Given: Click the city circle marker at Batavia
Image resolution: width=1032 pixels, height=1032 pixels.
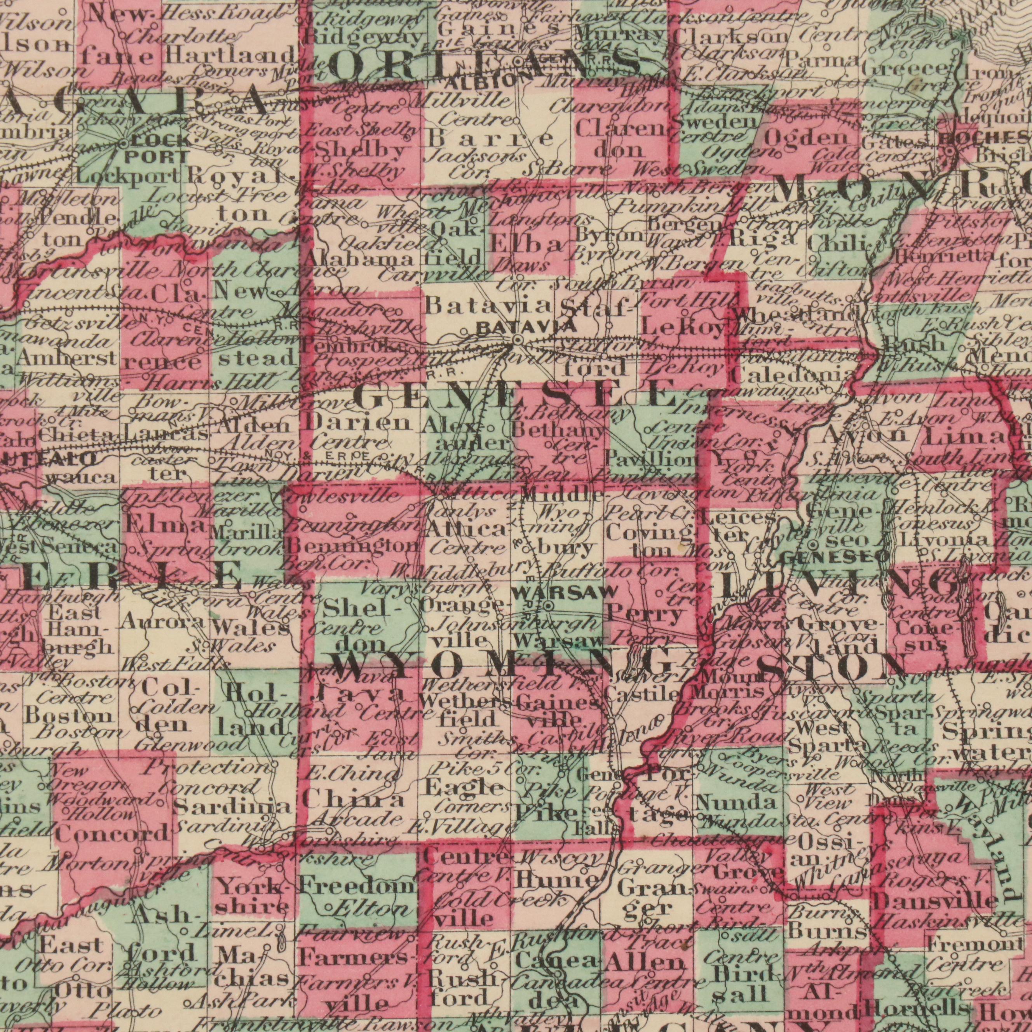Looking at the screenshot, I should (517, 340).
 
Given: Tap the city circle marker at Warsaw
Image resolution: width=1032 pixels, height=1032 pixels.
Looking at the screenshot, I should (549, 605).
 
